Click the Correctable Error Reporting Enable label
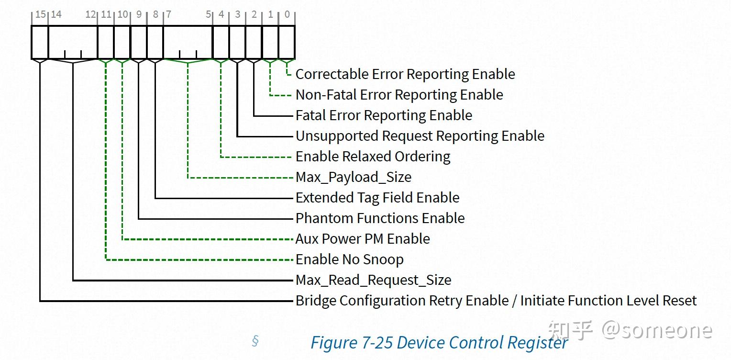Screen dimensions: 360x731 (405, 74)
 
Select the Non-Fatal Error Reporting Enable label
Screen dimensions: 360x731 (399, 95)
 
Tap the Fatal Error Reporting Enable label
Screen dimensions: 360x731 (384, 115)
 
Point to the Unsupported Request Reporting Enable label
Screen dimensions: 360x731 (420, 136)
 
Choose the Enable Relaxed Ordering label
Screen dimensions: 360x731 (373, 157)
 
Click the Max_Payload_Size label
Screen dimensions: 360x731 (354, 177)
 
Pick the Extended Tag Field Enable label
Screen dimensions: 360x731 (377, 198)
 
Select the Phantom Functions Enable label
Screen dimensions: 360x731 (380, 218)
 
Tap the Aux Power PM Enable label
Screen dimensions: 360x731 (363, 239)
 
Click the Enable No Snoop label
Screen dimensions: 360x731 (349, 259)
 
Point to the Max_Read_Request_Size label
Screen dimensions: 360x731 (373, 280)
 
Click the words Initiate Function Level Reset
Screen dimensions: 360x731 (608, 301)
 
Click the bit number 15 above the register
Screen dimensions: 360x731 (41, 14)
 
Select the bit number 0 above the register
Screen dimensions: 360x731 (287, 14)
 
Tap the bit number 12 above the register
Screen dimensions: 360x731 (90, 14)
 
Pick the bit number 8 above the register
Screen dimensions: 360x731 (155, 14)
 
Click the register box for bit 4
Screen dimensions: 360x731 (221, 42)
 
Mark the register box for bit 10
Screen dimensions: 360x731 (122, 42)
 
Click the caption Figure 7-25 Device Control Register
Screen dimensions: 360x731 (439, 343)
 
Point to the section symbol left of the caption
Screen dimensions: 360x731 (255, 341)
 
